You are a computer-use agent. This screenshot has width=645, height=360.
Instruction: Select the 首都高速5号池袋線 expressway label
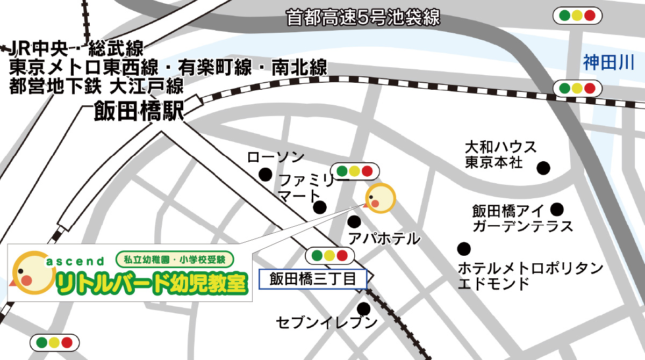(363, 17)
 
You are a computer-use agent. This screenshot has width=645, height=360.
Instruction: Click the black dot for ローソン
(265, 174)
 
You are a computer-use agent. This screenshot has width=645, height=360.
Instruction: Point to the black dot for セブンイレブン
(364, 309)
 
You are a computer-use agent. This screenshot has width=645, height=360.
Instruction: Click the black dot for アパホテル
(354, 221)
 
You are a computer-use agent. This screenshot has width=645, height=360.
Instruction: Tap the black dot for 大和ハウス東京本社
(544, 168)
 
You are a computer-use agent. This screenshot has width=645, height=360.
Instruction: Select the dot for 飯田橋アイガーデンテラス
(557, 208)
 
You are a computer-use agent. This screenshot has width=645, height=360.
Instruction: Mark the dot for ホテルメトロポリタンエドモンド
(464, 249)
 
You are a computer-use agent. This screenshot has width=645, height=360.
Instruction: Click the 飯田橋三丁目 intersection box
(313, 279)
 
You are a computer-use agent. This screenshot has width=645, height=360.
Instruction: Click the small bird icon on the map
(380, 199)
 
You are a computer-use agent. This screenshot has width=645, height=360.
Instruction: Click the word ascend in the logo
(76, 262)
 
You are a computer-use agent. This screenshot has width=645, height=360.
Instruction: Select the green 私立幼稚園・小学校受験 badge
(174, 260)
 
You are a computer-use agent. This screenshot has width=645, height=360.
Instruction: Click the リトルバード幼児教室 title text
(153, 284)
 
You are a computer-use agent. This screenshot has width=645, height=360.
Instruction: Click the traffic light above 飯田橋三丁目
(329, 255)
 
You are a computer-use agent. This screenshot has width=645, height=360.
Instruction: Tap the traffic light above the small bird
(354, 171)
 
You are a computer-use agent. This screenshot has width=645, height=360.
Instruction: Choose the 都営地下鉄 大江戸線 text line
(97, 86)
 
